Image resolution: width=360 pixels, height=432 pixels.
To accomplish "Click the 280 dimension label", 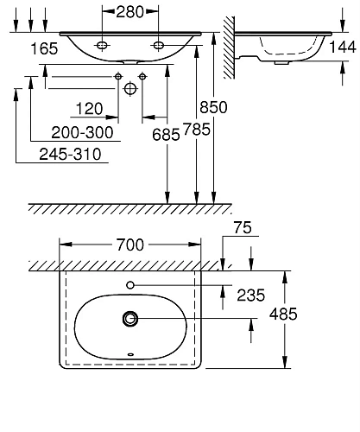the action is click(129, 12).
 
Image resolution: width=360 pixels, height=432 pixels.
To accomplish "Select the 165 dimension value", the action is click(44, 48).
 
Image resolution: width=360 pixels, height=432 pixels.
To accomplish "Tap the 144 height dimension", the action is click(343, 47).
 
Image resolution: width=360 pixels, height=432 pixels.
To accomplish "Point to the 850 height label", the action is click(213, 107).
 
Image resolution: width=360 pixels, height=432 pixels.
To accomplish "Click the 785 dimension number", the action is click(197, 129).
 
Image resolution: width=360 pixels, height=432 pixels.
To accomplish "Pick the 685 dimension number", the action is click(166, 135).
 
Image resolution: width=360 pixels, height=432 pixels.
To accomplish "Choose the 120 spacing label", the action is click(89, 109).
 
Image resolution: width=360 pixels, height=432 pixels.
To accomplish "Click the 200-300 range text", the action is click(82, 133).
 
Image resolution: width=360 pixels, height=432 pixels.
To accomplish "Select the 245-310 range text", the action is click(70, 154).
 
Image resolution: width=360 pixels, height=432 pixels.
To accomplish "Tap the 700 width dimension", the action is click(129, 245).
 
